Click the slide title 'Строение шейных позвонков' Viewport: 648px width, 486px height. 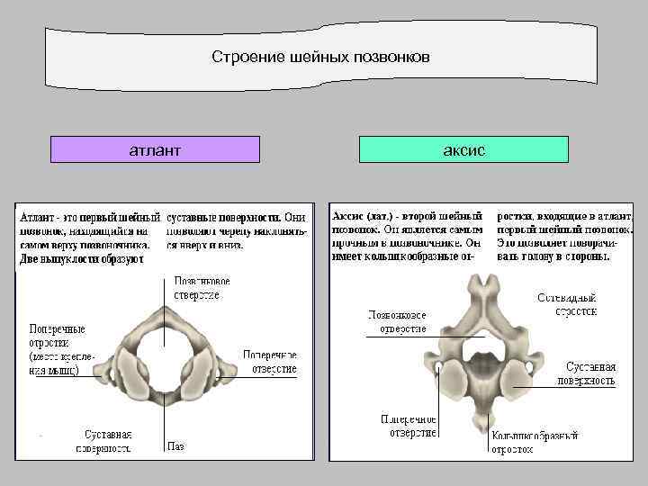click(321, 57)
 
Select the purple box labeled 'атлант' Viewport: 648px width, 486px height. click(155, 149)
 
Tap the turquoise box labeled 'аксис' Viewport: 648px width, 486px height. click(463, 149)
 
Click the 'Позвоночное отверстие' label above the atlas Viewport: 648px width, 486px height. click(196, 288)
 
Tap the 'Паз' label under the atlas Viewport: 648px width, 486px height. click(176, 445)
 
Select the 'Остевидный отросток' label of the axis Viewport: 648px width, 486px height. click(567, 303)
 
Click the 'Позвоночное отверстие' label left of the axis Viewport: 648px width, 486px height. click(397, 321)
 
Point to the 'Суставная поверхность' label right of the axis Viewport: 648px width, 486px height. click(590, 373)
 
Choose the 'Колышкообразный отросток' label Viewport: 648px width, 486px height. click(535, 441)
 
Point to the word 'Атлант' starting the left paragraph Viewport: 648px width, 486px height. click(39, 218)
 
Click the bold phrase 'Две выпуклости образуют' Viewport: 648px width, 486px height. click(82, 259)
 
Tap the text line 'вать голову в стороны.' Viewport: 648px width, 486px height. click(553, 256)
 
